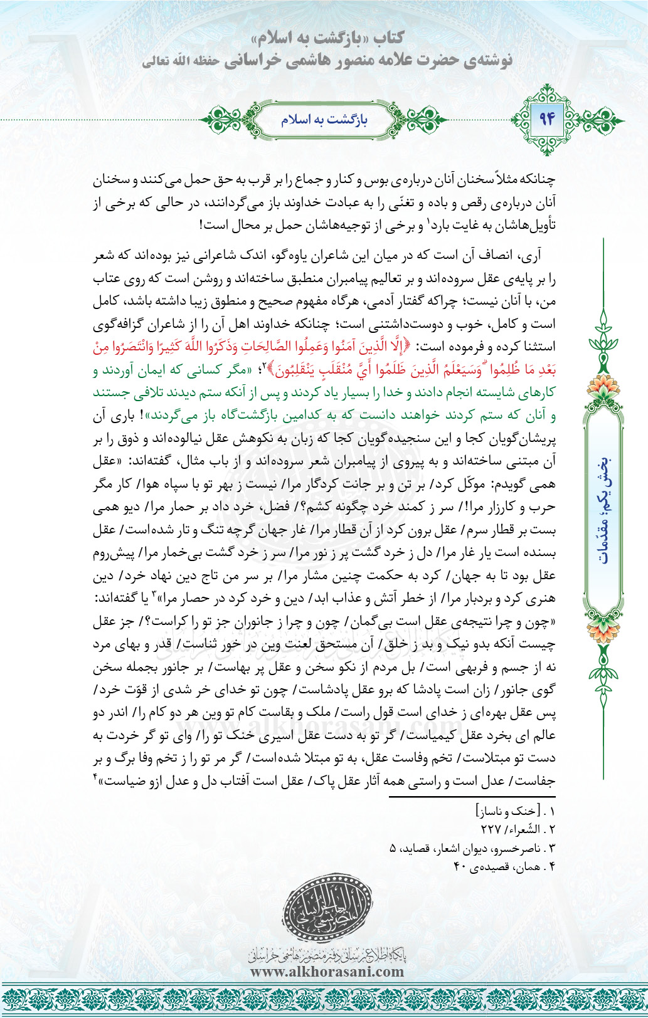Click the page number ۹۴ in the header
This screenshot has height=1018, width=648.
547,118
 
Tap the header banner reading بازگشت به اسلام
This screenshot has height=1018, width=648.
324,119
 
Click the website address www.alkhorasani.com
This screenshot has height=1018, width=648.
327,972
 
